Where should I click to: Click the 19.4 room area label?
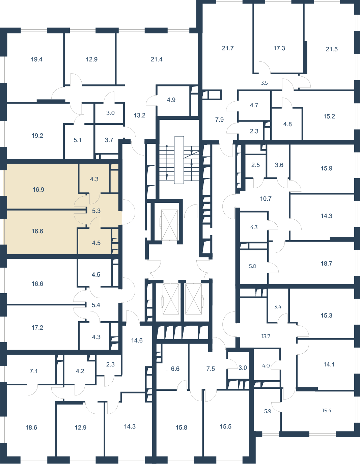(37, 59)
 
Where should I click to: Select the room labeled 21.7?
(228, 48)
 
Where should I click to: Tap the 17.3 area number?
(279, 48)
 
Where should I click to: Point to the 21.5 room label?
(332, 49)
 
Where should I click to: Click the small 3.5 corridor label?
(265, 83)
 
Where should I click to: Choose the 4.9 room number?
(171, 100)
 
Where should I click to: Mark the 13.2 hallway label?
(140, 115)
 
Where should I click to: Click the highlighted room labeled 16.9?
(38, 190)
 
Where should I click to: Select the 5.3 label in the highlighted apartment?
(96, 211)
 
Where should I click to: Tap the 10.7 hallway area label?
(266, 199)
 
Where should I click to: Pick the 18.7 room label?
(327, 264)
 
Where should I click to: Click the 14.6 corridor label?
(137, 340)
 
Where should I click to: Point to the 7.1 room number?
(34, 371)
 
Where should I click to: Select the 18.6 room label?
(31, 428)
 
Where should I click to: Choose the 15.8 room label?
(182, 428)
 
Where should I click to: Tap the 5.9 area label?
(268, 411)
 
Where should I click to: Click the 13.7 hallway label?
(266, 336)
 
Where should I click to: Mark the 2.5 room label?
(255, 165)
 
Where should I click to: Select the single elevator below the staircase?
(169, 225)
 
